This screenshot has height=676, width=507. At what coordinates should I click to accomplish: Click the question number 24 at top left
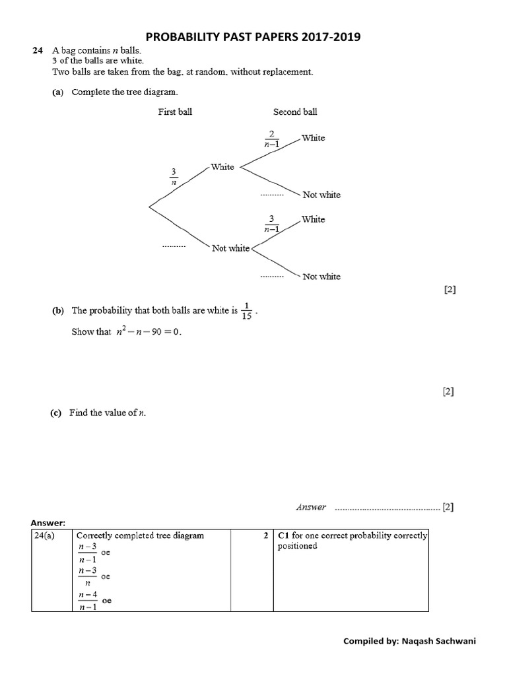pos(38,51)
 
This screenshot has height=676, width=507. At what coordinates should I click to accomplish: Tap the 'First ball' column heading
pos(175,112)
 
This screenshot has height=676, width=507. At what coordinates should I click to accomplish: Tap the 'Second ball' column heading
pos(295,112)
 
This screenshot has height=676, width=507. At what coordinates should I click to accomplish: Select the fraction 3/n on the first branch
pos(174,177)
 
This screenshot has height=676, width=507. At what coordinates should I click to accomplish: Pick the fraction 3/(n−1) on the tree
pos(271,223)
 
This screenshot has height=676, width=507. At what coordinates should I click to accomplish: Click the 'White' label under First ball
pos(222,167)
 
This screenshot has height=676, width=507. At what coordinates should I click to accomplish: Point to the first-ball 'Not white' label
pos(230,248)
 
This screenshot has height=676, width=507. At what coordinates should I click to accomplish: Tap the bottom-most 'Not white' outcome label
pos(321,277)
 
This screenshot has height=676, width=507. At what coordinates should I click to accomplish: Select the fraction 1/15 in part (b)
pos(247,310)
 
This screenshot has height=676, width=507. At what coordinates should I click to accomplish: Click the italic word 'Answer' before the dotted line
pos(311,507)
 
